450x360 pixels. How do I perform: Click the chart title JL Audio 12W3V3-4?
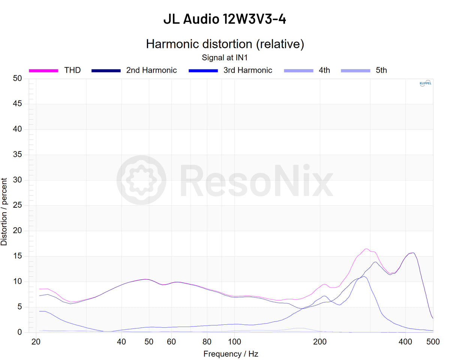point(225,19)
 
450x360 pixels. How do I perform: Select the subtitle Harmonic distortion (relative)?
point(225,44)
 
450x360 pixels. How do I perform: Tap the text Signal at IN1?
point(225,58)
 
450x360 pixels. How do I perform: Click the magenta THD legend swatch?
point(43,70)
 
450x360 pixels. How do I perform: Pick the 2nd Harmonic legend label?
point(151,70)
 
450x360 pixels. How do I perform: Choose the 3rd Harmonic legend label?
point(247,70)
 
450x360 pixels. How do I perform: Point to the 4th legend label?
point(324,70)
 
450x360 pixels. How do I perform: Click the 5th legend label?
point(381,70)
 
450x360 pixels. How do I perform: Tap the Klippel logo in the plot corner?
point(425,84)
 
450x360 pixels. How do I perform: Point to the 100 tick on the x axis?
point(235,342)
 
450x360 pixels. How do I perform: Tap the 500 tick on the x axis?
point(433,342)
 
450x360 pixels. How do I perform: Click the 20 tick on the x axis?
point(36,342)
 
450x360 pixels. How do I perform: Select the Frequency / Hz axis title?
point(231,354)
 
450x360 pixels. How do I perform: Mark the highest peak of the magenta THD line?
point(366,249)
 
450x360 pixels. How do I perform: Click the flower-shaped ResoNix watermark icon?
point(141,180)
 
